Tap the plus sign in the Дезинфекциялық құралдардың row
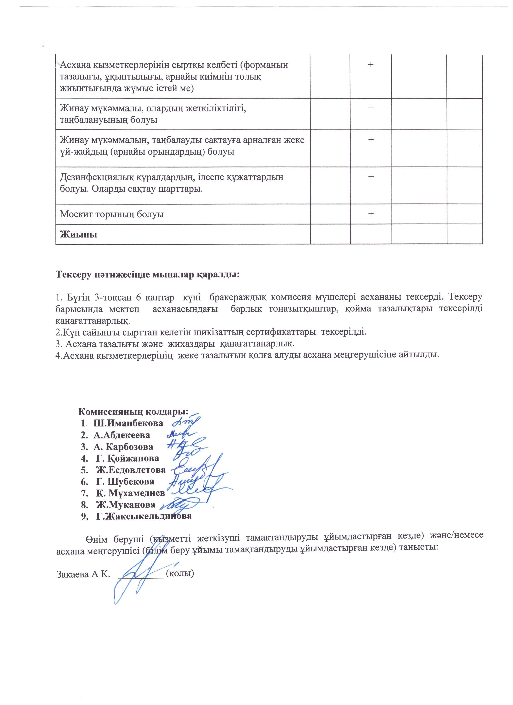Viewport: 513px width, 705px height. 370,177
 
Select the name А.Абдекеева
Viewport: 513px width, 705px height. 122,435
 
